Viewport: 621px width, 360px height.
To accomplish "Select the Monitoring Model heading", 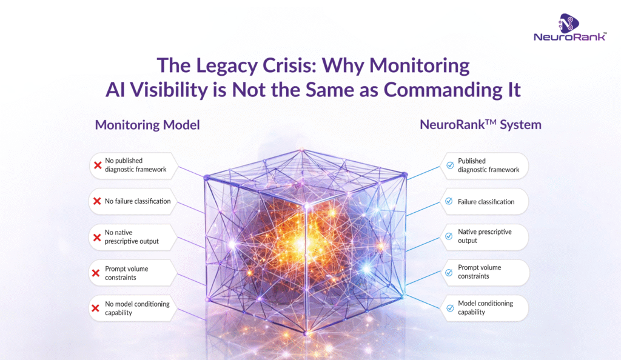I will click(147, 125).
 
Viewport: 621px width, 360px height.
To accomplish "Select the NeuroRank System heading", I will click(480, 125).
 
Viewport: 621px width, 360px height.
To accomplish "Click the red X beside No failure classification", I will click(96, 201).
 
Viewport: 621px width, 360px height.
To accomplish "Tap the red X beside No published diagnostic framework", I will click(96, 165).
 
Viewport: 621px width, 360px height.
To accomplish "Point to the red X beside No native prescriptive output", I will click(96, 237).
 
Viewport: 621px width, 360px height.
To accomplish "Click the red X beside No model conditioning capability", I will click(96, 308).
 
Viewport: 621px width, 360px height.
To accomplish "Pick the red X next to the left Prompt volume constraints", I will click(96, 273).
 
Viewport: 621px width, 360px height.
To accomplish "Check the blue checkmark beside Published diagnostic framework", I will click(449, 165).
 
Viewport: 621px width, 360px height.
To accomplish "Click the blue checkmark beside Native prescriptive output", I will click(449, 236).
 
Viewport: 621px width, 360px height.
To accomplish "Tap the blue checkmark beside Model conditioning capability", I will click(449, 308).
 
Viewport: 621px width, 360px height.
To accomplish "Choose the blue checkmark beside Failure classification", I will click(449, 201).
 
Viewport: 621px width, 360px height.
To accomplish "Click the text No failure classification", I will click(138, 201).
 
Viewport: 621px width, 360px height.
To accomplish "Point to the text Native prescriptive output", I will click(485, 236).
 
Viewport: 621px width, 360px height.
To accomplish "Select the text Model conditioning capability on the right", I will click(485, 308).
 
